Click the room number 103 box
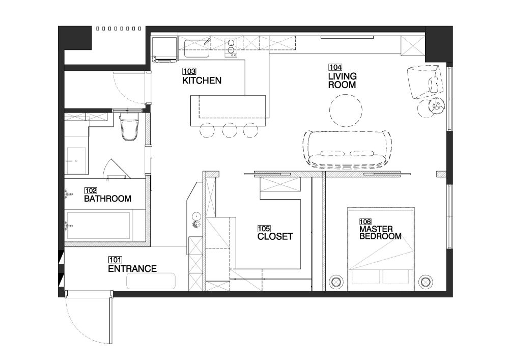[189, 71]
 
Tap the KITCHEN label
[202, 80]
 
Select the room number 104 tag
[335, 67]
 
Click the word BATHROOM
[107, 199]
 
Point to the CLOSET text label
[275, 237]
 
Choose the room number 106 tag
[365, 222]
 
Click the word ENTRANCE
[132, 269]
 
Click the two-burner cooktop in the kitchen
[231, 48]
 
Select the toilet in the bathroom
[129, 127]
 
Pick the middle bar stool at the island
[230, 130]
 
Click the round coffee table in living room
[346, 110]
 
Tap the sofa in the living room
[347, 149]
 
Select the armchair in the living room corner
[425, 81]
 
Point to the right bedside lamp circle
[425, 282]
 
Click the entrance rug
[151, 281]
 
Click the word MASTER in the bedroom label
[376, 229]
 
